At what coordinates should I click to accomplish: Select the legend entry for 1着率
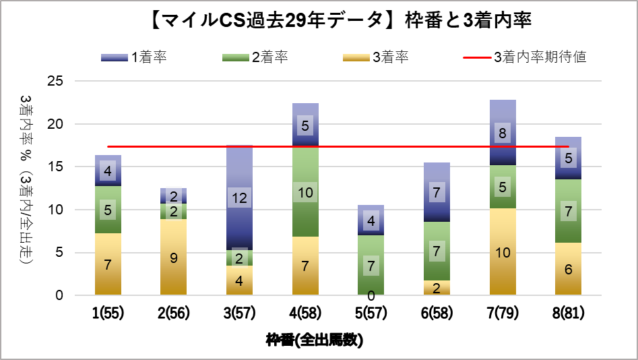click(134, 57)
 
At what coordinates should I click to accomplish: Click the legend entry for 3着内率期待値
click(525, 57)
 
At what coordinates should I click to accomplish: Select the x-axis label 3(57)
click(239, 313)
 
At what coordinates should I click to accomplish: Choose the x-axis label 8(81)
click(569, 313)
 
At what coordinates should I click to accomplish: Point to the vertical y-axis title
click(26, 187)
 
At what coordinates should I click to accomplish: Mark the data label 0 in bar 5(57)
click(371, 295)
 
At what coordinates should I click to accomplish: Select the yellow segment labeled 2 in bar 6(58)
click(437, 289)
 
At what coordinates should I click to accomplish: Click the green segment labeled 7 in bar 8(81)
click(569, 211)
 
